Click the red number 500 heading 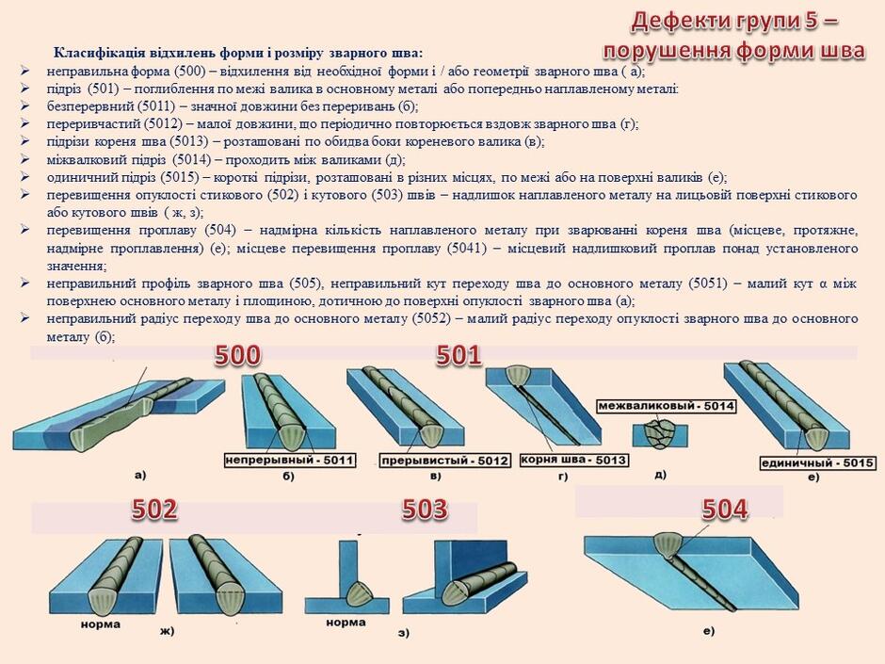click(237, 356)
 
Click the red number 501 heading click(459, 356)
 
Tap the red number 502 click(154, 510)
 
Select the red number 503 click(425, 510)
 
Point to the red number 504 click(725, 510)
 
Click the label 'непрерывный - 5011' click(290, 461)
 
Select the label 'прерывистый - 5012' click(444, 461)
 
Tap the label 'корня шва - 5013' click(573, 460)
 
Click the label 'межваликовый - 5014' click(666, 406)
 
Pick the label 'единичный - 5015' click(817, 463)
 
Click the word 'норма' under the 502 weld click(101, 624)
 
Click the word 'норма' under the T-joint click(346, 623)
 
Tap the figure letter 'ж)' click(167, 631)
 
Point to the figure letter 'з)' click(404, 633)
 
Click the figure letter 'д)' click(660, 475)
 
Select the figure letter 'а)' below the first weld click(140, 475)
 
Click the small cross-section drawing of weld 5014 click(660, 434)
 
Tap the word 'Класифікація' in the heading click(99, 53)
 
